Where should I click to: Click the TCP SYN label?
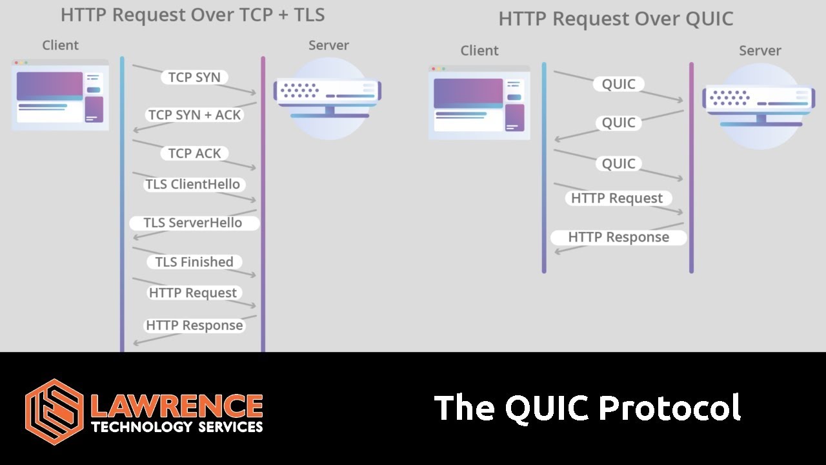[194, 77]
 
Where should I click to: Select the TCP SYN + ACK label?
[194, 115]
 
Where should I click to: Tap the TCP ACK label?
[194, 154]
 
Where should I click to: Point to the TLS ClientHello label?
[192, 184]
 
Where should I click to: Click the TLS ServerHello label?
[193, 223]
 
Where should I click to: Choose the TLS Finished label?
[194, 262]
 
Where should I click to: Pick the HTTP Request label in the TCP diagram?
[193, 293]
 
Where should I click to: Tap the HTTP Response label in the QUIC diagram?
[618, 237]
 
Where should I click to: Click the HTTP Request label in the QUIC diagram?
[617, 198]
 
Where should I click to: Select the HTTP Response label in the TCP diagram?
[194, 325]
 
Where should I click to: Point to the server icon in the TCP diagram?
[328, 97]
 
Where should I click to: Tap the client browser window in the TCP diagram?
[60, 95]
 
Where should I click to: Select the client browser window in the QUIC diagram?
[479, 102]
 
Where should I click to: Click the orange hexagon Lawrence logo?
[54, 411]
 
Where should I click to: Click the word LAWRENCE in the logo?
[177, 406]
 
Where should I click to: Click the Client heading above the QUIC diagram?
[479, 50]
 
